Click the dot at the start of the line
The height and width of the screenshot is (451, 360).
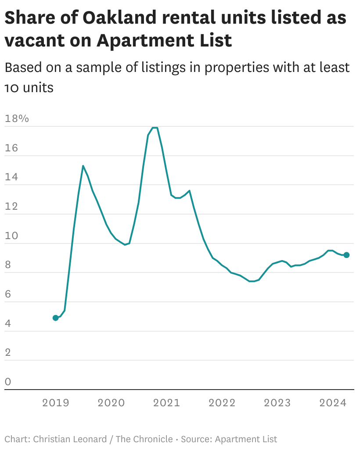(x=56, y=318)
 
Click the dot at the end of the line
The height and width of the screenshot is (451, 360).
(x=346, y=255)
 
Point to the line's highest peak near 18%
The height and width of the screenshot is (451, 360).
(x=155, y=128)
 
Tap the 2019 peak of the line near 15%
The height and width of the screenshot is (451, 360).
(x=83, y=166)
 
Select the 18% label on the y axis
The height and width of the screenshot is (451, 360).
(x=16, y=118)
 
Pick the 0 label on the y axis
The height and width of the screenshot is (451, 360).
(x=8, y=382)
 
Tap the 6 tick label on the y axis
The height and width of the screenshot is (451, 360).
(x=8, y=294)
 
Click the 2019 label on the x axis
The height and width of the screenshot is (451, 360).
(x=56, y=403)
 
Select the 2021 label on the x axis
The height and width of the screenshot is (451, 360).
(x=166, y=403)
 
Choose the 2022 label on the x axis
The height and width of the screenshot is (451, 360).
(x=222, y=403)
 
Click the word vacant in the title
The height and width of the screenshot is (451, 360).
(x=32, y=40)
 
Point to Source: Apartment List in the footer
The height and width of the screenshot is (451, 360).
(x=229, y=439)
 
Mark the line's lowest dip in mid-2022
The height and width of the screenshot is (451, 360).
(x=252, y=281)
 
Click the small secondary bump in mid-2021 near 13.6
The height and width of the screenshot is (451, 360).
(x=189, y=190)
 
